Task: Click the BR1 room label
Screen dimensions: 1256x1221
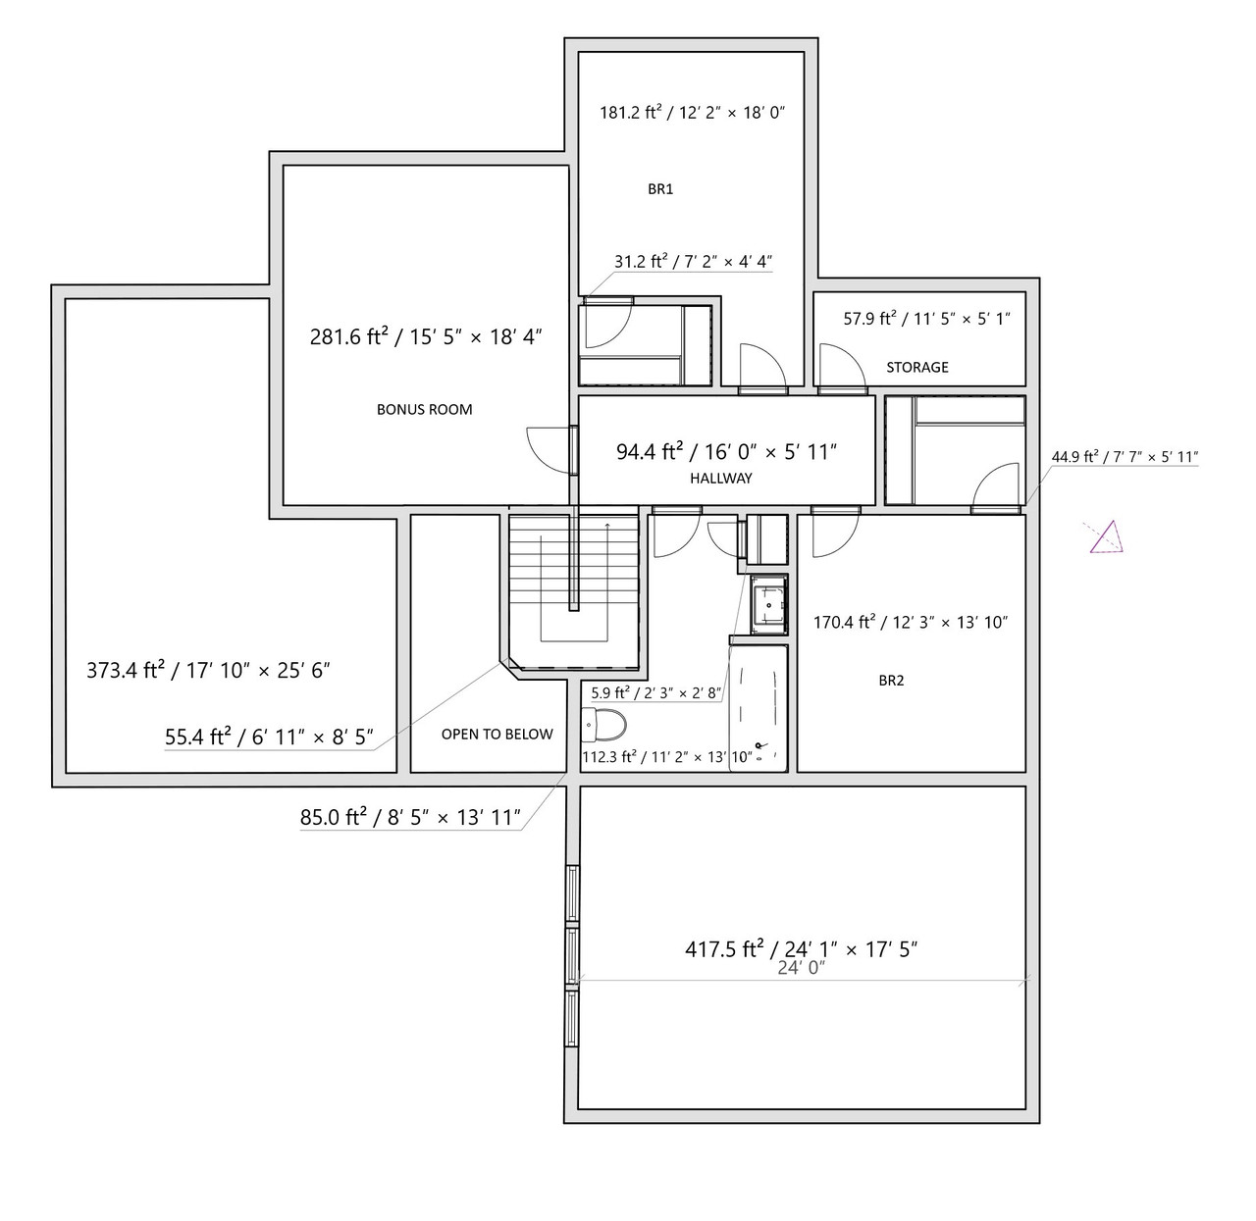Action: coord(660,189)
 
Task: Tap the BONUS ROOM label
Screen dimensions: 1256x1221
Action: coord(425,410)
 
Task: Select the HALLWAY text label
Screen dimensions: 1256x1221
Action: coord(721,478)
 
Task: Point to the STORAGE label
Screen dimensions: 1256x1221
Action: coord(917,367)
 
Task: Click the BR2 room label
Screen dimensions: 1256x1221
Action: coord(891,680)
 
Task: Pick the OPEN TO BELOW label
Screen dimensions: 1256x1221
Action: coord(497,734)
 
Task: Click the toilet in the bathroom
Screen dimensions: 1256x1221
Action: coord(604,726)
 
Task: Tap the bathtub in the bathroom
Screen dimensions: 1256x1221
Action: coord(759,708)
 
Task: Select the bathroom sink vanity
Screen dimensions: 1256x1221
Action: coord(768,604)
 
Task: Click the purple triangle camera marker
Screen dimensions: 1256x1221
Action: coord(1108,538)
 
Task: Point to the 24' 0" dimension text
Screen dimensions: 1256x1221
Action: coord(802,968)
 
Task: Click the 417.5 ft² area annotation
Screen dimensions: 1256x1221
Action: coord(801,948)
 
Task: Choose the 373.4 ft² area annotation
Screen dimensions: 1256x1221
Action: coord(208,670)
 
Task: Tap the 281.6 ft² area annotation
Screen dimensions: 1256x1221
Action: coord(426,336)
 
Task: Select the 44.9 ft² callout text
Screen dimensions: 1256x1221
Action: coord(1125,457)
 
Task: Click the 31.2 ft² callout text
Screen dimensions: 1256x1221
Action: coord(693,261)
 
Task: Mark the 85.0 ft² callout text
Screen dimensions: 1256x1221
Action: coord(410,817)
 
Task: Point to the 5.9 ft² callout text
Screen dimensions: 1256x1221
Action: coord(655,693)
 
